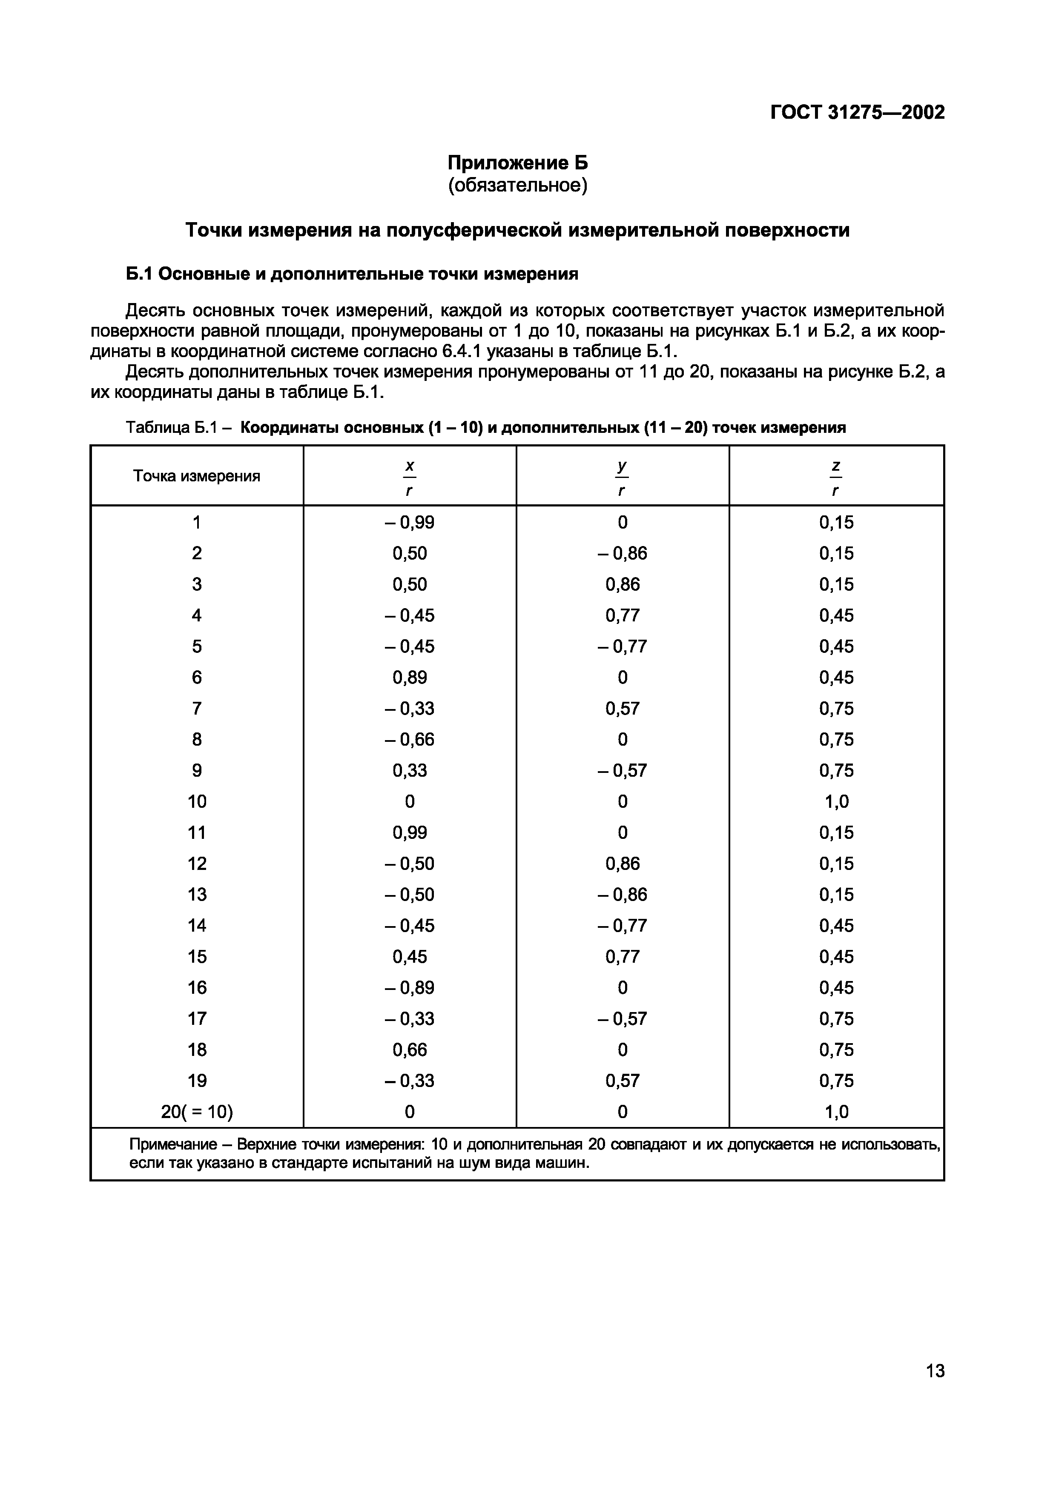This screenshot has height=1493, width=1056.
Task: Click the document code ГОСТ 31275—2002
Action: [x=857, y=112]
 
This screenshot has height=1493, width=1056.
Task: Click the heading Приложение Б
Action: [x=517, y=162]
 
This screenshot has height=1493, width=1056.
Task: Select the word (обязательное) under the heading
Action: [x=517, y=186]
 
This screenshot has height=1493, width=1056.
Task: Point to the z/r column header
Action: [x=836, y=477]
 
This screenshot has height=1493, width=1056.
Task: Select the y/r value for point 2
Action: [x=622, y=553]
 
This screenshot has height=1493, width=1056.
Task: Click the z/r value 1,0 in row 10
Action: [x=836, y=801]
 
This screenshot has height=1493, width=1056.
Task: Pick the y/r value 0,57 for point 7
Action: [x=622, y=708]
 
